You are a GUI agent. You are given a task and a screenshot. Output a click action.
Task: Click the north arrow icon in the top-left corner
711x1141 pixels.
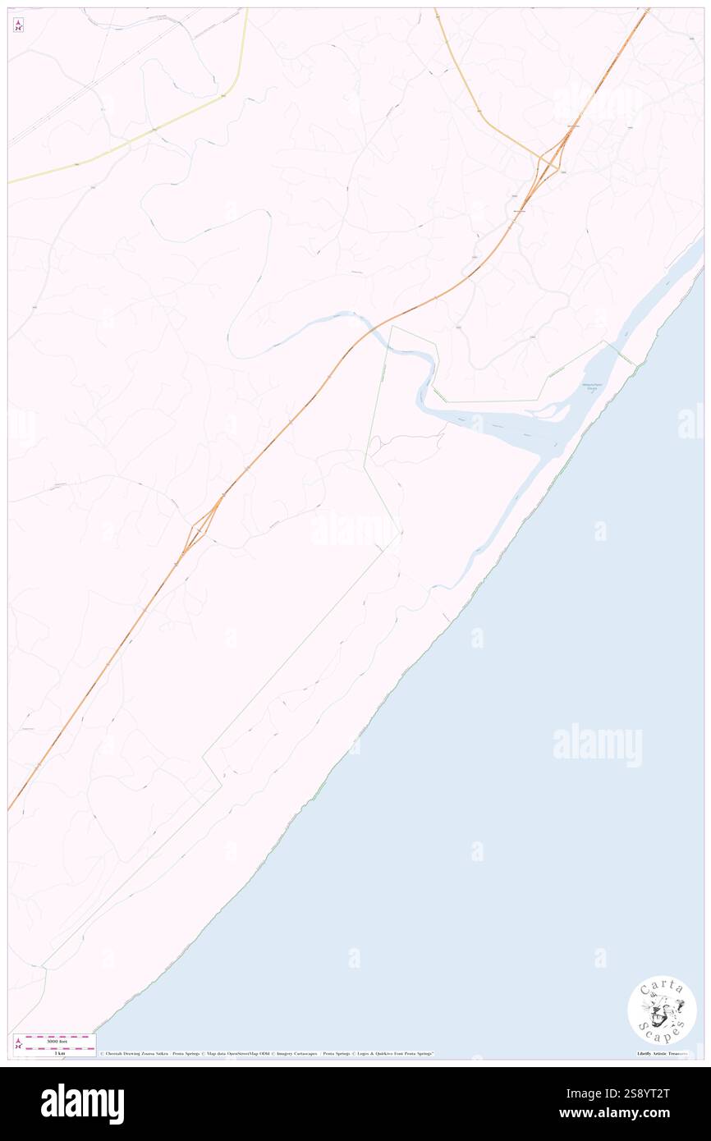coord(18,25)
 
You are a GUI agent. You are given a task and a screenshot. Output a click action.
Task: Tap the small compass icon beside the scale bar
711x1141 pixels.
coord(18,1044)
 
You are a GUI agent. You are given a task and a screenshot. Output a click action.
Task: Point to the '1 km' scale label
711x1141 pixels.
coord(55,1053)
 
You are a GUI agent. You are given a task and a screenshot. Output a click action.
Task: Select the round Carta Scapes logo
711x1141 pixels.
coord(662,1010)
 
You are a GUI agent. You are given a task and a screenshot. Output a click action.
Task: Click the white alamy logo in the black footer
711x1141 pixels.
coord(82,1104)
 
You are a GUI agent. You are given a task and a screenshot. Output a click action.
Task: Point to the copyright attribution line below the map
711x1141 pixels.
coord(267,1053)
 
